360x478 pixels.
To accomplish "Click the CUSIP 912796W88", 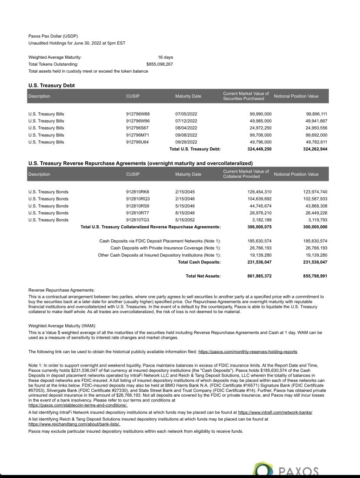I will [x=137, y=114].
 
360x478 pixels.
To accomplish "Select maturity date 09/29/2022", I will [x=186, y=142].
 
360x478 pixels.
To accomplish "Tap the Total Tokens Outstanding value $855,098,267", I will [x=160, y=64].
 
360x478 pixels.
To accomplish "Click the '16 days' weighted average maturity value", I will [x=165, y=57].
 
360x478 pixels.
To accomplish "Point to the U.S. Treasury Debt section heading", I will [x=51, y=85].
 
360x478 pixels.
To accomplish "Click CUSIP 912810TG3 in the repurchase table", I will [x=137, y=220].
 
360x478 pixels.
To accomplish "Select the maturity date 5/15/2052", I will [x=185, y=220].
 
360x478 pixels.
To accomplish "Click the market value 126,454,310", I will [x=260, y=192].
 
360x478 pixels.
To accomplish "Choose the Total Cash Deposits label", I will [x=199, y=262].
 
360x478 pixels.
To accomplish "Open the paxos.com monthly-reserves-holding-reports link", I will [x=248, y=351].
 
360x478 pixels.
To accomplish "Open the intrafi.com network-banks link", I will [x=275, y=412].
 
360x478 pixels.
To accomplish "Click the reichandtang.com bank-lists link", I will [x=74, y=424].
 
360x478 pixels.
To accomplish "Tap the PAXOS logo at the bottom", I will [x=287, y=470].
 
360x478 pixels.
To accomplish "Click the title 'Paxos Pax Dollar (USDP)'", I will [x=53, y=36].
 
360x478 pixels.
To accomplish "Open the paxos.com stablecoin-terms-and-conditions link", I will [x=78, y=405].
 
